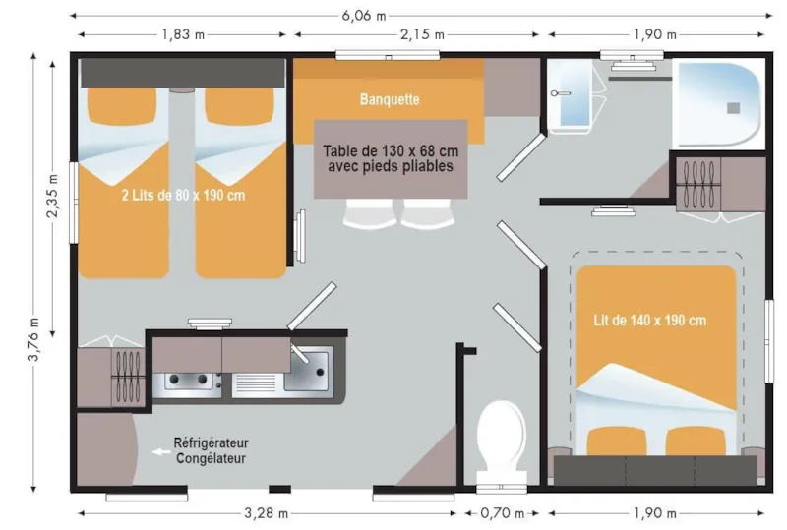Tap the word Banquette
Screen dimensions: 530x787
390,99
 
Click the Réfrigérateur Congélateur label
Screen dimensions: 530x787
211,450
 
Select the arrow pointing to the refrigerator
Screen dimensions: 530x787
159,451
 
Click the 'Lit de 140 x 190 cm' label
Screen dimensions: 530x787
649,321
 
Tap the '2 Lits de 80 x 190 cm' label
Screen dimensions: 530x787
183,195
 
